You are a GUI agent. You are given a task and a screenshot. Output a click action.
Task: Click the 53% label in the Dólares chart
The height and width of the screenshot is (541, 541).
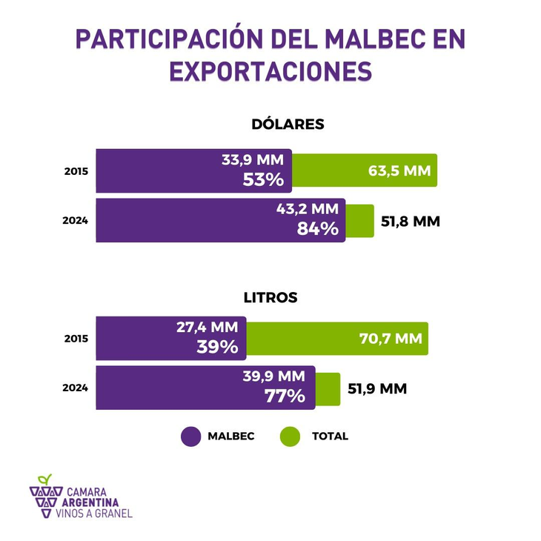click(x=263, y=180)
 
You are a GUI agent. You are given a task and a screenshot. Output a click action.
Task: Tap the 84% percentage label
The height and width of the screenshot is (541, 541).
click(x=317, y=229)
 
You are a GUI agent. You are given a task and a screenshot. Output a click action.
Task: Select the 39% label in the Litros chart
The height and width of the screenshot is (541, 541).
click(x=217, y=347)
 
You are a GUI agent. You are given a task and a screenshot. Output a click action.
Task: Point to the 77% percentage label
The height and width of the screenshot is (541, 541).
click(x=285, y=396)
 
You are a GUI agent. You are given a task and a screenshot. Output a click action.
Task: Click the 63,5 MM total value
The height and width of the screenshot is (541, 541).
click(x=399, y=170)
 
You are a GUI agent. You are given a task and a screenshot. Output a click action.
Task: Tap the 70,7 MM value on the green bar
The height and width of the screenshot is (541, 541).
click(x=390, y=339)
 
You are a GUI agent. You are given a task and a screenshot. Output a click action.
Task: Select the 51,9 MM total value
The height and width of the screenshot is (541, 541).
click(x=377, y=388)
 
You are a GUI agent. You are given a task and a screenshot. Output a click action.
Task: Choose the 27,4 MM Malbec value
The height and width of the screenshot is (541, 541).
click(x=207, y=327)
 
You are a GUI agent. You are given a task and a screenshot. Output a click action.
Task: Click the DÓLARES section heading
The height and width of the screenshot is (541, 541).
click(x=288, y=124)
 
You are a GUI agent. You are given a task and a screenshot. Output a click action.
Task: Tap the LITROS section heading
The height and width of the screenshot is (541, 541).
click(x=270, y=297)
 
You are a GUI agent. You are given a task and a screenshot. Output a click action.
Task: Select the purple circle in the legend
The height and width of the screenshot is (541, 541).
click(x=191, y=437)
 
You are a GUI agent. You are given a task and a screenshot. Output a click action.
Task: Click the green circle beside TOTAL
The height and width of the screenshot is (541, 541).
click(x=290, y=437)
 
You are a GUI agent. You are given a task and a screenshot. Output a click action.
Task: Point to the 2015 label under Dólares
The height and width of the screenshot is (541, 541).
click(x=76, y=171)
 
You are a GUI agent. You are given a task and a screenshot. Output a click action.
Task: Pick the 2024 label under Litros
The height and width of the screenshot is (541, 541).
click(x=76, y=388)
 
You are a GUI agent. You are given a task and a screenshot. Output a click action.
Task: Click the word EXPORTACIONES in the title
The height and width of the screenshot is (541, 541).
click(x=270, y=71)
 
